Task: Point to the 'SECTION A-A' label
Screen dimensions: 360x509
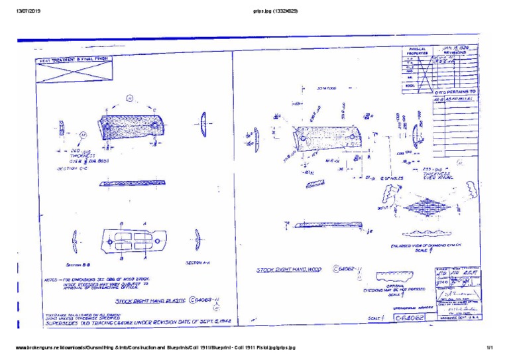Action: (198, 263)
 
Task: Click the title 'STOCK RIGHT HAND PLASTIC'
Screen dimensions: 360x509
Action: (154, 300)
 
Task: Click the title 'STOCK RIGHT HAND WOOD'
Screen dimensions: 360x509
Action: (294, 270)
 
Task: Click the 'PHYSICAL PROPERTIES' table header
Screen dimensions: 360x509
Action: (418, 51)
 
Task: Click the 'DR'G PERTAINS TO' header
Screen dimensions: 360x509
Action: (455, 91)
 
